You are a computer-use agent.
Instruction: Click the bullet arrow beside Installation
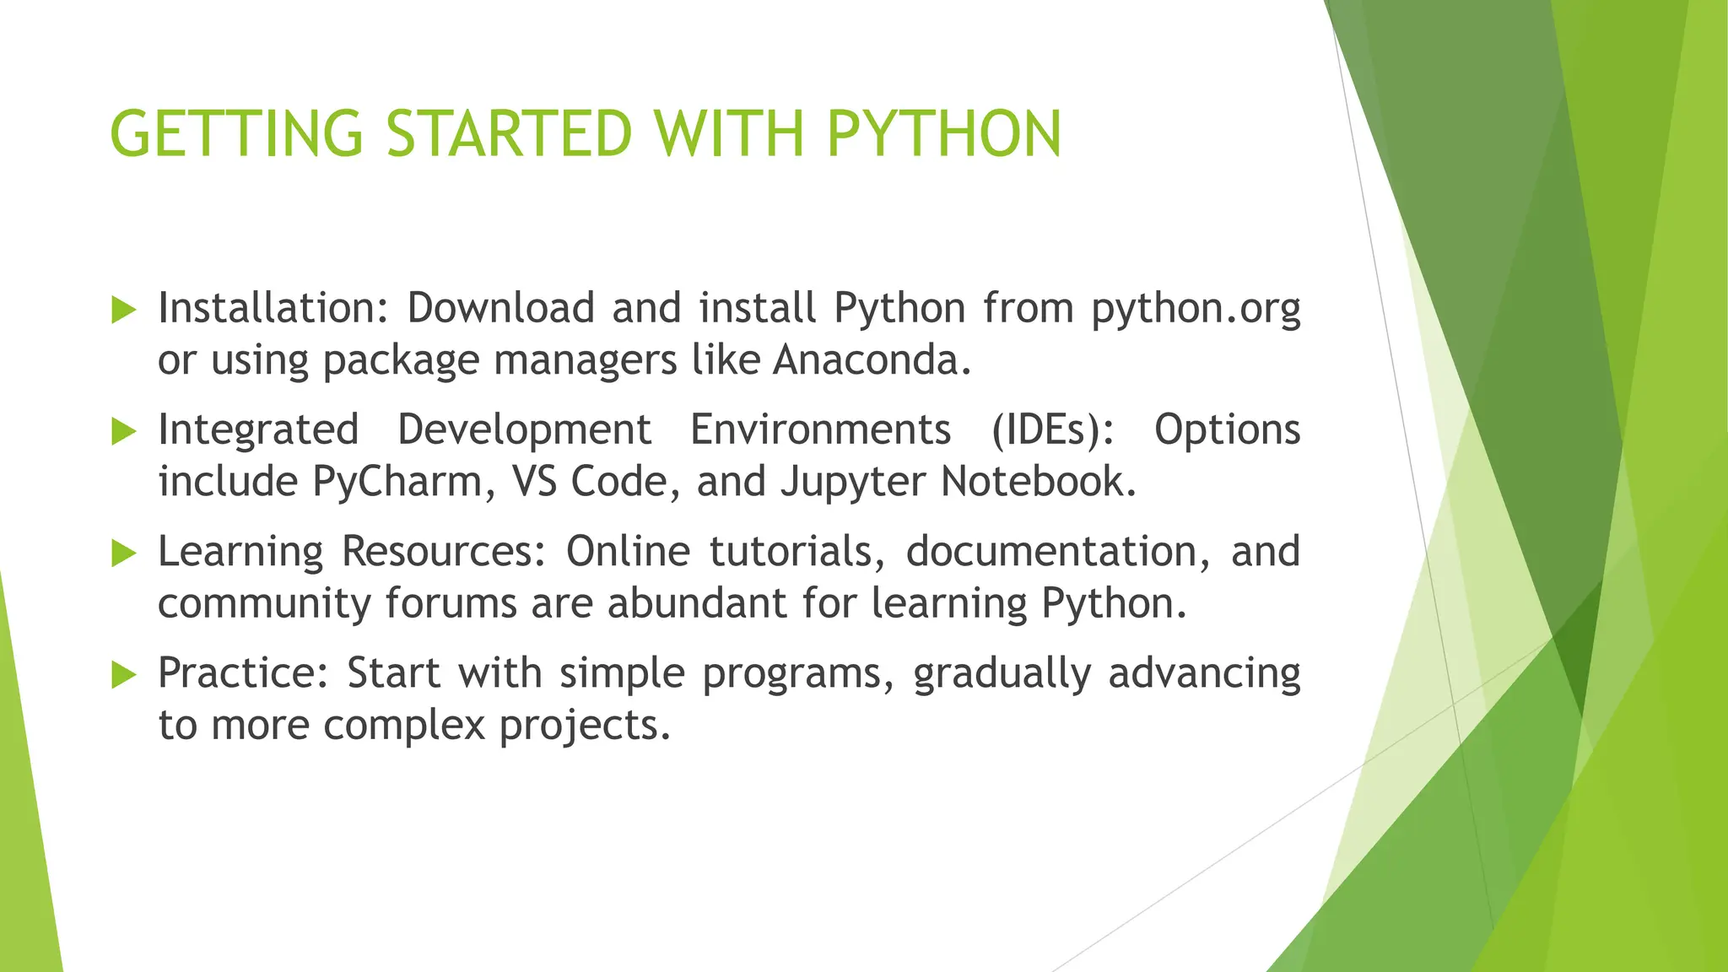click(123, 310)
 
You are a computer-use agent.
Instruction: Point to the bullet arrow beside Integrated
click(123, 432)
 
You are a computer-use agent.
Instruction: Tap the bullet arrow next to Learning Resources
click(123, 553)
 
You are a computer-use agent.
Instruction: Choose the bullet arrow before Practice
click(123, 675)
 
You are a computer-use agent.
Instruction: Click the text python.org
click(1196, 309)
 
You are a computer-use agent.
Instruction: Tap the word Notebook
click(1039, 481)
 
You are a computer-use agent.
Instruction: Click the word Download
click(501, 307)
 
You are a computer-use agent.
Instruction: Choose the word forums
click(451, 604)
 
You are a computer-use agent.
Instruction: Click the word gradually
click(1002, 675)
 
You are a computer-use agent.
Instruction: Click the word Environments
click(820, 430)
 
